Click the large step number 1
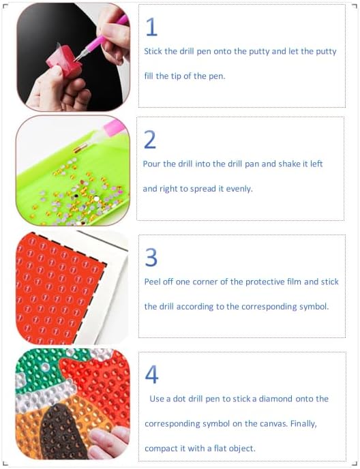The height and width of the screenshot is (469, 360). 152,27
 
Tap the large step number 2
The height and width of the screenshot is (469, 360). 150,139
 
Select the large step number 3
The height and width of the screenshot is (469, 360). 151,257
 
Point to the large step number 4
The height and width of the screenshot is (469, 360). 152,374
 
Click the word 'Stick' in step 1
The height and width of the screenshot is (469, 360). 153,51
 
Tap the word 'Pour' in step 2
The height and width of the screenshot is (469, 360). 152,164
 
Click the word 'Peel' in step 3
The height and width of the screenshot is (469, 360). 153,282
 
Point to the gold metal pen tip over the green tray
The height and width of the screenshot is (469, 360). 80,148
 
